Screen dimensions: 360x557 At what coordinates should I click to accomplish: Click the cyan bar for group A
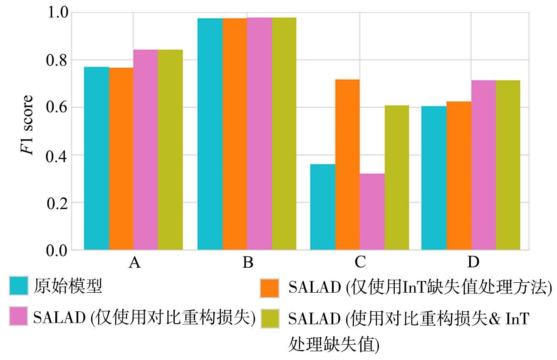tap(97, 158)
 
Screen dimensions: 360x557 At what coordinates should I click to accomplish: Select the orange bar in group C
tap(347, 165)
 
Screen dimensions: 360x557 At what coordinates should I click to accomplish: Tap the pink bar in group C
tap(372, 212)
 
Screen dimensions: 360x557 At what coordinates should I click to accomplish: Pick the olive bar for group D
tap(508, 165)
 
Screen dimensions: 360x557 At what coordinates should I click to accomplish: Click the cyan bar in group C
tap(323, 207)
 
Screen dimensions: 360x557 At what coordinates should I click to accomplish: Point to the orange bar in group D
tap(459, 175)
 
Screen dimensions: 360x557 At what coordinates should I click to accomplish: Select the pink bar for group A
tap(146, 150)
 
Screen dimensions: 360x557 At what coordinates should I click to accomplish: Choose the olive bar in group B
tap(284, 133)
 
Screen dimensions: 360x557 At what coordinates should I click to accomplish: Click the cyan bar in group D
tap(434, 178)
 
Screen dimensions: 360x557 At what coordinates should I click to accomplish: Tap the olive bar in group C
tap(396, 178)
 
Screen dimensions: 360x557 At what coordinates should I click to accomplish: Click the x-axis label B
tap(248, 263)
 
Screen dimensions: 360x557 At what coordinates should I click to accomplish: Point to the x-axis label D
tap(473, 263)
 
